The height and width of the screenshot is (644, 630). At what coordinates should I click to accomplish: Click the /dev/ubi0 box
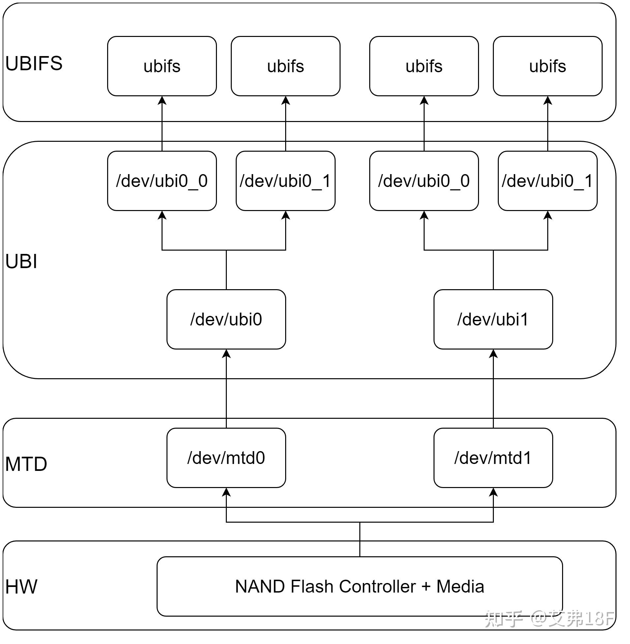pos(226,319)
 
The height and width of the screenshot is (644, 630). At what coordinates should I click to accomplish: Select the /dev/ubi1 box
pos(493,319)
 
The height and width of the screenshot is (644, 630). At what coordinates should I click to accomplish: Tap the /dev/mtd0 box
pos(226,458)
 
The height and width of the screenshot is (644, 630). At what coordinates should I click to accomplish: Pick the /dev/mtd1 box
pos(493,458)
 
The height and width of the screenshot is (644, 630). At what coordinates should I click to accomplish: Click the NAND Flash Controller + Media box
pos(360,586)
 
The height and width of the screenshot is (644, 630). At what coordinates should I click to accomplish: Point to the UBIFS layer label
pos(34,63)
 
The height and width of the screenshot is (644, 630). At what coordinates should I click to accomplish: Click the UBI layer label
pos(21,261)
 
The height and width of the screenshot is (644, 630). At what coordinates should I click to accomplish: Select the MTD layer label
pos(26,464)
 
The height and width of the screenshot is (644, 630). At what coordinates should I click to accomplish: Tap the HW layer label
pos(21,587)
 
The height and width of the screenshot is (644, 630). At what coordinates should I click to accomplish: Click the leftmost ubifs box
pos(162,66)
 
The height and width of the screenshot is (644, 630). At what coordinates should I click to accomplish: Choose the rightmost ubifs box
pos(547,66)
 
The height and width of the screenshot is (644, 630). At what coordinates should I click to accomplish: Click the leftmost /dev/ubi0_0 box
pos(162,181)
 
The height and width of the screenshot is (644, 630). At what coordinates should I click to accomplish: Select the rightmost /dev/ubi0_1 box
pos(547,181)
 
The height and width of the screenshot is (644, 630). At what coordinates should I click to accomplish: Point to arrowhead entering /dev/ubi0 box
pos(226,354)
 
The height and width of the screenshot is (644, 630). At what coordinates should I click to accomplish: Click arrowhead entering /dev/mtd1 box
pos(493,492)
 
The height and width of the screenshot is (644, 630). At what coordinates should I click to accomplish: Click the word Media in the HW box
pos(460,586)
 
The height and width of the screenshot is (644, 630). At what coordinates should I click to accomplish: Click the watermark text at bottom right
pos(549,618)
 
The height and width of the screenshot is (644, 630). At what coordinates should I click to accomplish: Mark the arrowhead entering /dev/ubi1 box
pos(493,354)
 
